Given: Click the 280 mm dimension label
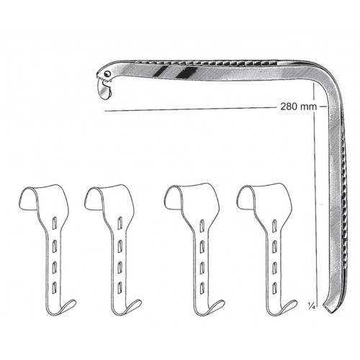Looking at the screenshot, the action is [x=299, y=107].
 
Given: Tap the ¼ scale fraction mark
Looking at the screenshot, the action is [x=312, y=305].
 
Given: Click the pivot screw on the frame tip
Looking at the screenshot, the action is [x=109, y=73].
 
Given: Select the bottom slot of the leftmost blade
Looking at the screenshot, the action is [x=55, y=286].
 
